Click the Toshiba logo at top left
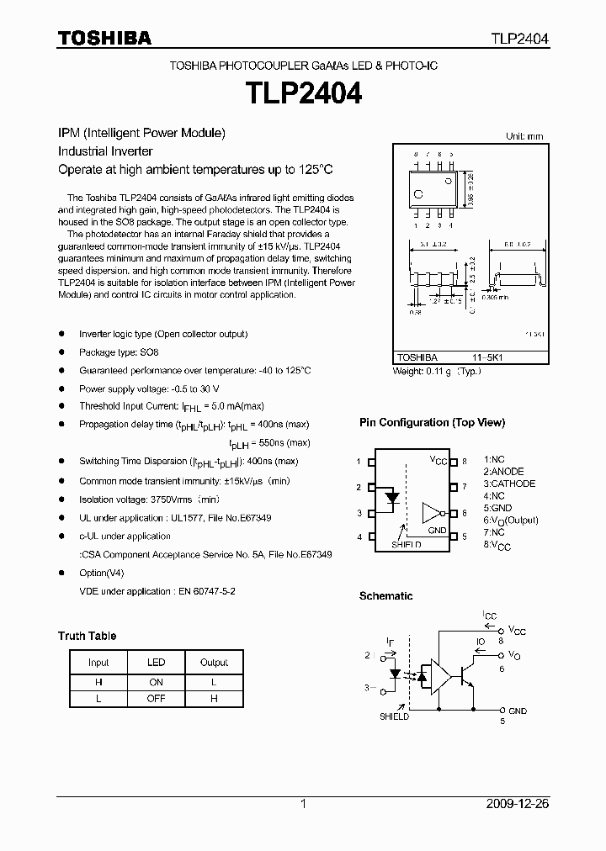(x=104, y=38)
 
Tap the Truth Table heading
(x=87, y=636)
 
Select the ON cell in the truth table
(x=156, y=680)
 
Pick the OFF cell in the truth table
(x=156, y=698)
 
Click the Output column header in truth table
(x=214, y=662)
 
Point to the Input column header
(x=98, y=662)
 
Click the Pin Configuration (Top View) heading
(x=432, y=423)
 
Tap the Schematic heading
(x=385, y=596)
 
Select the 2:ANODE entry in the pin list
(x=503, y=472)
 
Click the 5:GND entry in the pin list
(x=497, y=508)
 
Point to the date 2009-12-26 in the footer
(x=517, y=804)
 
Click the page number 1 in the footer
(x=303, y=804)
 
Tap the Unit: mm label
(x=524, y=136)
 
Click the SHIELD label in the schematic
(x=393, y=716)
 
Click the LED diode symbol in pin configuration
(x=391, y=498)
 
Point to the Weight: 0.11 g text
(x=437, y=371)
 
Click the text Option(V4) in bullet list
(x=101, y=573)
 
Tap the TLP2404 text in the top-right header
(x=520, y=39)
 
